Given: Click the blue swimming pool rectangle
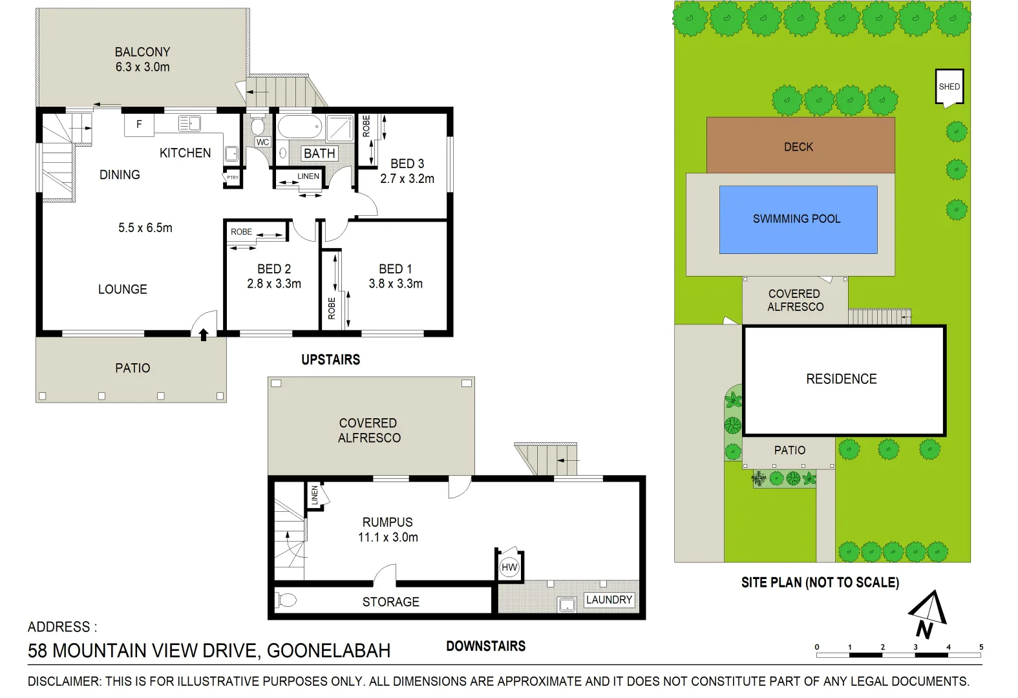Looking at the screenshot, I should tap(798, 219).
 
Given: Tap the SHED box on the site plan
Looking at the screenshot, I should tap(949, 87).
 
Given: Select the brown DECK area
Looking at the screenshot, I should tap(800, 146).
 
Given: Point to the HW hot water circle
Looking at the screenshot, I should tap(509, 567).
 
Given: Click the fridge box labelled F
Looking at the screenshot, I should tap(139, 124).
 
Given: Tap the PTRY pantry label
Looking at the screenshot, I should tap(232, 177).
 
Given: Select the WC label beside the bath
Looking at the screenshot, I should tap(262, 142).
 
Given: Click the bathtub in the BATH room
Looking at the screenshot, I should tap(300, 127).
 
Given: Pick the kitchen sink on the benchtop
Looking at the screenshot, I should tap(189, 123).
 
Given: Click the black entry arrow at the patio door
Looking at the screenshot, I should tap(204, 334).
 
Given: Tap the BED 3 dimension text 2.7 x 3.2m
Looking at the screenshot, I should tap(407, 179).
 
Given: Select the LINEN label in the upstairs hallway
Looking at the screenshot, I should tap(308, 176).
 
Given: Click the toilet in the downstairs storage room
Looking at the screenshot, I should tap(286, 600).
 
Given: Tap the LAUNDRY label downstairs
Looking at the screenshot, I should tap(609, 600).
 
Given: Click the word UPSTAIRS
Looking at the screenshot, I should tap(330, 360).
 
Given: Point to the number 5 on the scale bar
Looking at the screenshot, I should tap(981, 647).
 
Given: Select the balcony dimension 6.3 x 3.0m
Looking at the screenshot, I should tap(142, 67).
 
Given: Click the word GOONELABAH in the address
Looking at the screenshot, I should tap(328, 651).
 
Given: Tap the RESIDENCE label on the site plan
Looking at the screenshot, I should tap(841, 379).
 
